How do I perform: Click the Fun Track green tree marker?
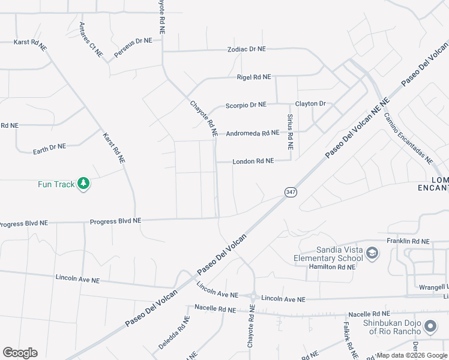83,184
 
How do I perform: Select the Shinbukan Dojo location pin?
430,327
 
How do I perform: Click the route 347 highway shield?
291,192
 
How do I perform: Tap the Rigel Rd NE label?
254,77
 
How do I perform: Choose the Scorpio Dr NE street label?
246,105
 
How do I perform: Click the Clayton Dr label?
310,104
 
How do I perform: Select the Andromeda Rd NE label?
253,133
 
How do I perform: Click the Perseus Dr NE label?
133,49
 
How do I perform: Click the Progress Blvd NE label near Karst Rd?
115,221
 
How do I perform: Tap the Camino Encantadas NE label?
408,138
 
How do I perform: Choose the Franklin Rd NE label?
408,241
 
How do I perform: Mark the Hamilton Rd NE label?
331,266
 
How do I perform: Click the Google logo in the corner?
20,353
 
